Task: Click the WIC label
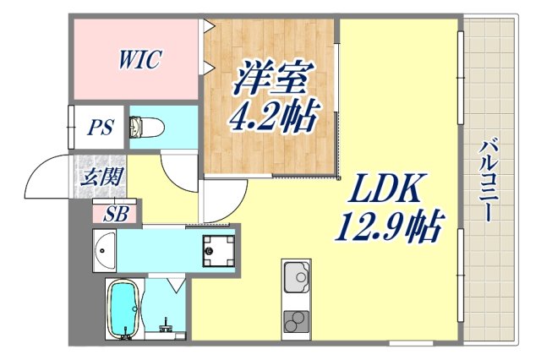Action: pyautogui.click(x=139, y=59)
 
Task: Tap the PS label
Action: pyautogui.click(x=101, y=129)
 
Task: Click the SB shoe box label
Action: pyautogui.click(x=116, y=214)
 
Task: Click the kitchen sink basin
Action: pyautogui.click(x=295, y=277)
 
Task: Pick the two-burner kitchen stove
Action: pyautogui.click(x=295, y=321)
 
